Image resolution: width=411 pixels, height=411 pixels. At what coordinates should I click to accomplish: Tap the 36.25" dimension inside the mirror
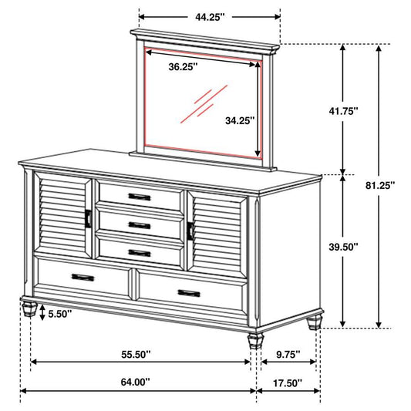(x=184, y=66)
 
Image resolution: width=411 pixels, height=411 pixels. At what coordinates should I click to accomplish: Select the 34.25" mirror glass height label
(x=240, y=120)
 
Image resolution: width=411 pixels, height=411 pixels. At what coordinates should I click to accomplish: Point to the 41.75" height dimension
(x=345, y=110)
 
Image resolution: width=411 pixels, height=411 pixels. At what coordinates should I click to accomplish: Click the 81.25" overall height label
(x=379, y=185)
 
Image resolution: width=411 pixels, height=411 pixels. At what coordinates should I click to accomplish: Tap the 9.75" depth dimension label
(x=287, y=355)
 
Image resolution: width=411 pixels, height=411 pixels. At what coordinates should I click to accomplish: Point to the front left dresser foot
(x=29, y=309)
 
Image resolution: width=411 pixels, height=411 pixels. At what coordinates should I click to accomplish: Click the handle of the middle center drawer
(x=140, y=224)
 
